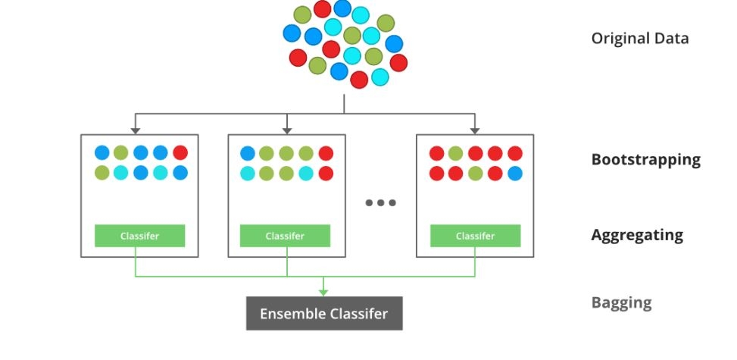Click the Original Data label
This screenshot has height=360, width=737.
point(640,39)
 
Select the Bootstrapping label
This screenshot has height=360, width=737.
point(646,160)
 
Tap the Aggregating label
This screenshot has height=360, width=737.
point(637,235)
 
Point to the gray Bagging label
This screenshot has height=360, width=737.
point(621,302)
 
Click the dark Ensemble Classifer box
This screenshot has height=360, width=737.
point(324,314)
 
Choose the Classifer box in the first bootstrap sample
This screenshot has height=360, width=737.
point(139,236)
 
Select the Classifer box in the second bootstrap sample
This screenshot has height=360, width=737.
point(285,236)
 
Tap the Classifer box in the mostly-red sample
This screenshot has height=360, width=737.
point(475,236)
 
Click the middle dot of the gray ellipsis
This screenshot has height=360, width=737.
point(381,203)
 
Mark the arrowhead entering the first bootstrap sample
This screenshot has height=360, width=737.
point(136,131)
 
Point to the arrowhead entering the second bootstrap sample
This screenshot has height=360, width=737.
point(287,131)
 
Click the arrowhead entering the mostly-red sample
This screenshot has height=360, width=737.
point(475,131)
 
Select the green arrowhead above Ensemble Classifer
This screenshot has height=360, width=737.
point(323,293)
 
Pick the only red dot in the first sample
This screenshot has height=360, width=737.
point(180,152)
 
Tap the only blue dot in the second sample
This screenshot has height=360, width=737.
point(248,153)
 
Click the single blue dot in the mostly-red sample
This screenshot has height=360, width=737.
point(514,173)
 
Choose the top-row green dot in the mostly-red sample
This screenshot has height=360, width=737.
point(455,153)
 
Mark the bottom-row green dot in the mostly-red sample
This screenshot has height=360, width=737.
point(475,173)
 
